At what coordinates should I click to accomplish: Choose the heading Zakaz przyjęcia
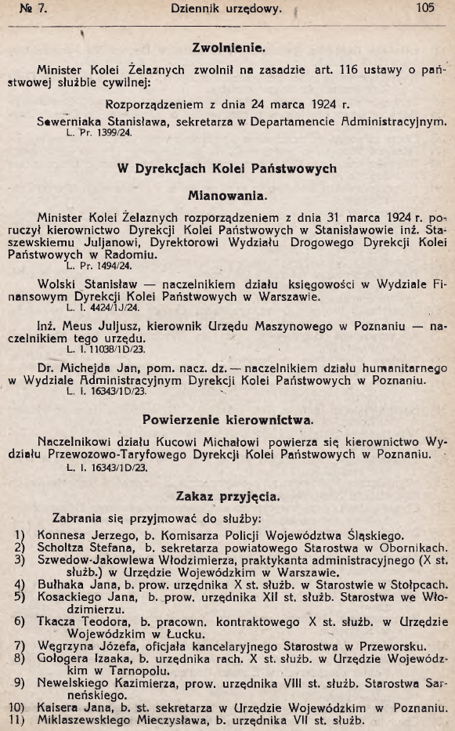[227, 495]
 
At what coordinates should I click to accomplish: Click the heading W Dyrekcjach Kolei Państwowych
[227, 168]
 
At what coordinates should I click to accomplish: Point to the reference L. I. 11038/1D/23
[102, 349]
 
